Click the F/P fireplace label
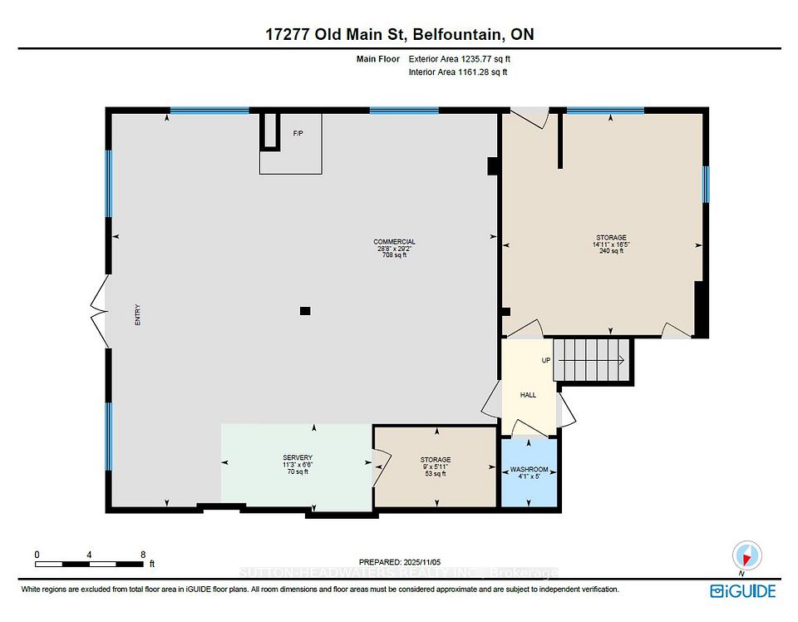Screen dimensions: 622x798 tap(297, 133)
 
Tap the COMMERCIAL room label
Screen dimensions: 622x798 tap(394, 242)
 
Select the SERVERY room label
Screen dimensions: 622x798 tap(297, 458)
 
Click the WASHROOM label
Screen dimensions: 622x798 tap(530, 470)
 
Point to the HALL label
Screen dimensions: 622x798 tap(528, 394)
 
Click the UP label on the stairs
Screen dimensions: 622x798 tap(546, 360)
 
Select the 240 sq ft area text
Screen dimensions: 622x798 tap(611, 252)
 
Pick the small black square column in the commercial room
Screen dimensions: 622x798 tap(305, 311)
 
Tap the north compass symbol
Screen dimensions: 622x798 tap(746, 555)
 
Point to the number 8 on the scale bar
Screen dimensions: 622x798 tap(143, 554)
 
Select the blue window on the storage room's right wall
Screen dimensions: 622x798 tap(705, 185)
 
